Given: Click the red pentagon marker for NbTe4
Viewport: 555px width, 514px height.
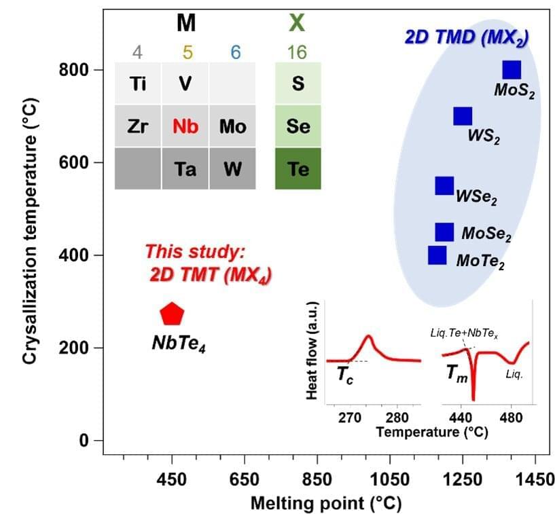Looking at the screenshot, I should [x=172, y=314].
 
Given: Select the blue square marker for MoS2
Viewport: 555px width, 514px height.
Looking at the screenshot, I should [x=512, y=69].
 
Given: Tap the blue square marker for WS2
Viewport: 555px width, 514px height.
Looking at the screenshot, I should [x=463, y=116].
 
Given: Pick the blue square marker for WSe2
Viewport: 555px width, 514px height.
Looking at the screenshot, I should [x=444, y=185].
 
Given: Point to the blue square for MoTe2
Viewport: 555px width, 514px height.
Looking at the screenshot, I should [x=437, y=255].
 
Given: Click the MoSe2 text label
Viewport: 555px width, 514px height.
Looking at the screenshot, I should [x=486, y=234].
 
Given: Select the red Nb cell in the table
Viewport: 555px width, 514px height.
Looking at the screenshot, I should [x=185, y=126].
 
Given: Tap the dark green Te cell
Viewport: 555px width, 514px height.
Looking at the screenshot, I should [x=298, y=168].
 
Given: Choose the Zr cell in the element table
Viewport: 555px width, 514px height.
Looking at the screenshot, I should [x=138, y=126].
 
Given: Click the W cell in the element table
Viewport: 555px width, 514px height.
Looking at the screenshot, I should [x=233, y=168].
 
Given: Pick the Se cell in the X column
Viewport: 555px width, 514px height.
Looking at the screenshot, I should [x=298, y=126].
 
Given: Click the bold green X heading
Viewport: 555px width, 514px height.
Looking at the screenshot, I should [x=297, y=24].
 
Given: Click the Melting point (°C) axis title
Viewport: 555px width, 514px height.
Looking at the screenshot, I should [x=326, y=503].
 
